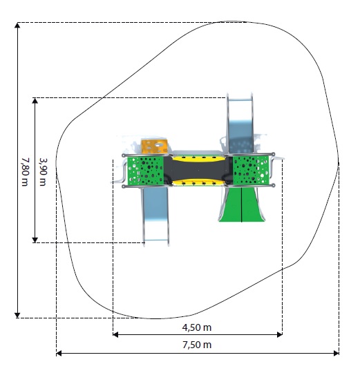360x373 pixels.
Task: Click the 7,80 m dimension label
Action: pyautogui.click(x=25, y=172)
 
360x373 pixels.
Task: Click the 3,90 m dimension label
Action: pyautogui.click(x=43, y=172)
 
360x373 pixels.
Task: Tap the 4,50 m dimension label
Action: pyautogui.click(x=197, y=327)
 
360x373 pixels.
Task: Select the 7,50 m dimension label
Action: pyautogui.click(x=197, y=345)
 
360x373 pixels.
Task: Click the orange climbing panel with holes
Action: pyautogui.click(x=154, y=146)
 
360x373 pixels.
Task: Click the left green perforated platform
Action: pyautogui.click(x=145, y=171)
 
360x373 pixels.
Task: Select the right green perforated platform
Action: pyautogui.click(x=251, y=171)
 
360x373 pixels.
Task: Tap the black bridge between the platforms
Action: pyautogui.click(x=198, y=170)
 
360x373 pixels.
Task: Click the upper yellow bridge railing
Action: pyautogui.click(x=198, y=158)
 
